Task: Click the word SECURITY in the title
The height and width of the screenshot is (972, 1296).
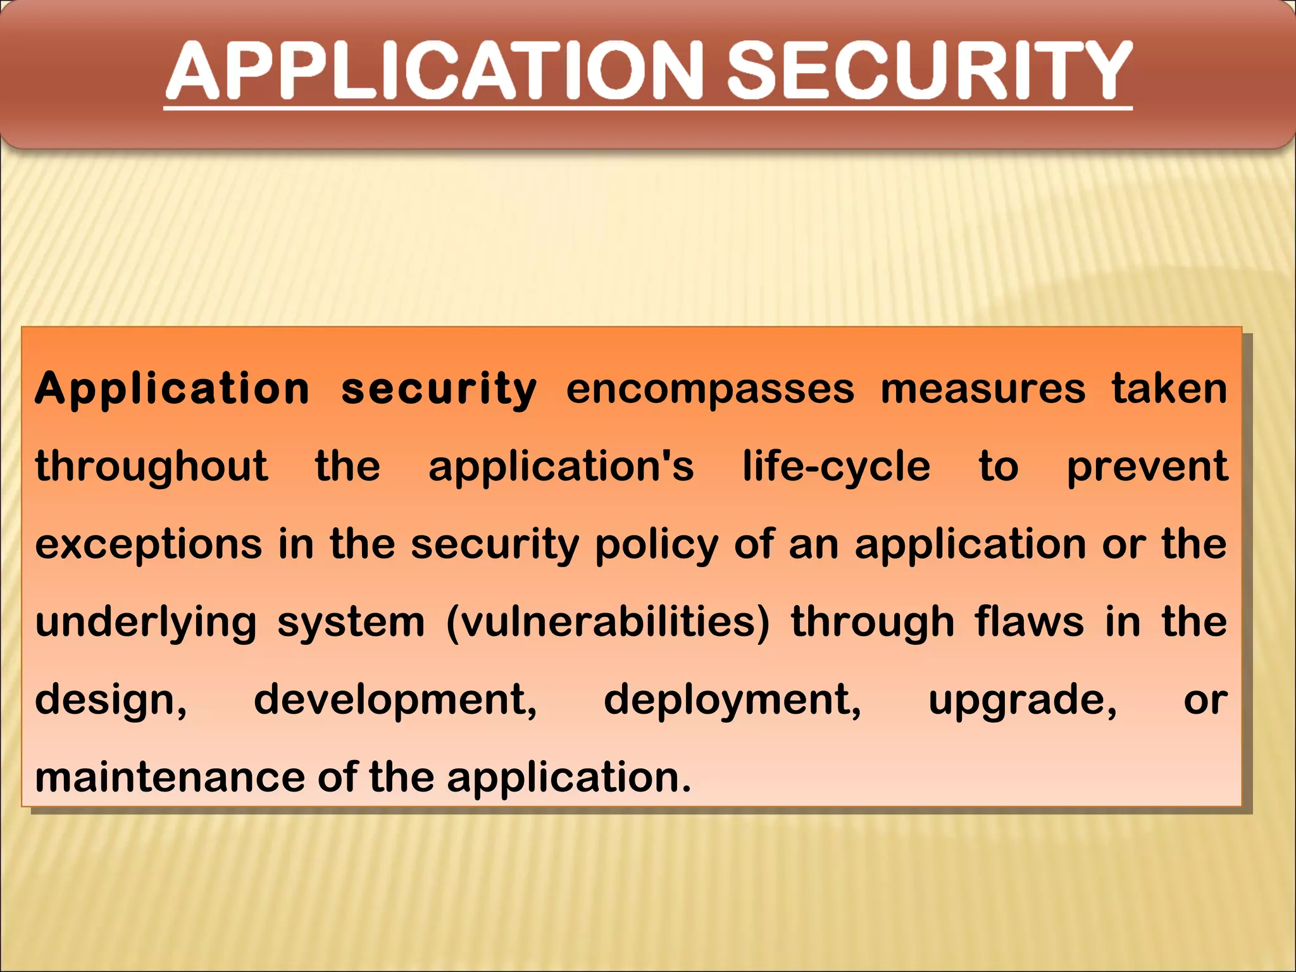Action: pyautogui.click(x=928, y=71)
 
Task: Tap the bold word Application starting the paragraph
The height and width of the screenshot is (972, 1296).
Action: pyautogui.click(x=172, y=389)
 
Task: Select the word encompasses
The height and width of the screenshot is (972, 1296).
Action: pyautogui.click(x=710, y=389)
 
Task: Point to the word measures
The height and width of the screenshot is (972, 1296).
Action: pyautogui.click(x=983, y=389)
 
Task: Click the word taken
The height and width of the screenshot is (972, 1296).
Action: pyautogui.click(x=1169, y=389)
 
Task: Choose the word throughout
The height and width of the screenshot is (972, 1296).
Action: pyautogui.click(x=152, y=467)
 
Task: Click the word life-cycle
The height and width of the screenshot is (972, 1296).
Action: pyautogui.click(x=836, y=467)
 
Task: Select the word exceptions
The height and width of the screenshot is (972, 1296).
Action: pyautogui.click(x=149, y=545)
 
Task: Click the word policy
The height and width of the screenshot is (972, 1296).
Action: pyautogui.click(x=656, y=545)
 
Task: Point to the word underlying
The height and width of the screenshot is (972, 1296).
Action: pyautogui.click(x=146, y=623)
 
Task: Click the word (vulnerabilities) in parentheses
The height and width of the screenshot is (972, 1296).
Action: pyautogui.click(x=608, y=623)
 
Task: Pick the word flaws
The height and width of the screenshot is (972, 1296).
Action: pyautogui.click(x=1029, y=623)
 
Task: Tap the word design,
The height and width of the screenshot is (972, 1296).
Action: pyautogui.click(x=111, y=701)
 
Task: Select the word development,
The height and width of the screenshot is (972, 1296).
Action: pyautogui.click(x=396, y=701)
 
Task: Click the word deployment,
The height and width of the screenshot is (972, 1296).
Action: pyautogui.click(x=733, y=701)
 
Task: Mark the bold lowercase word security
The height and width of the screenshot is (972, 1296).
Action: pyautogui.click(x=439, y=389)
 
